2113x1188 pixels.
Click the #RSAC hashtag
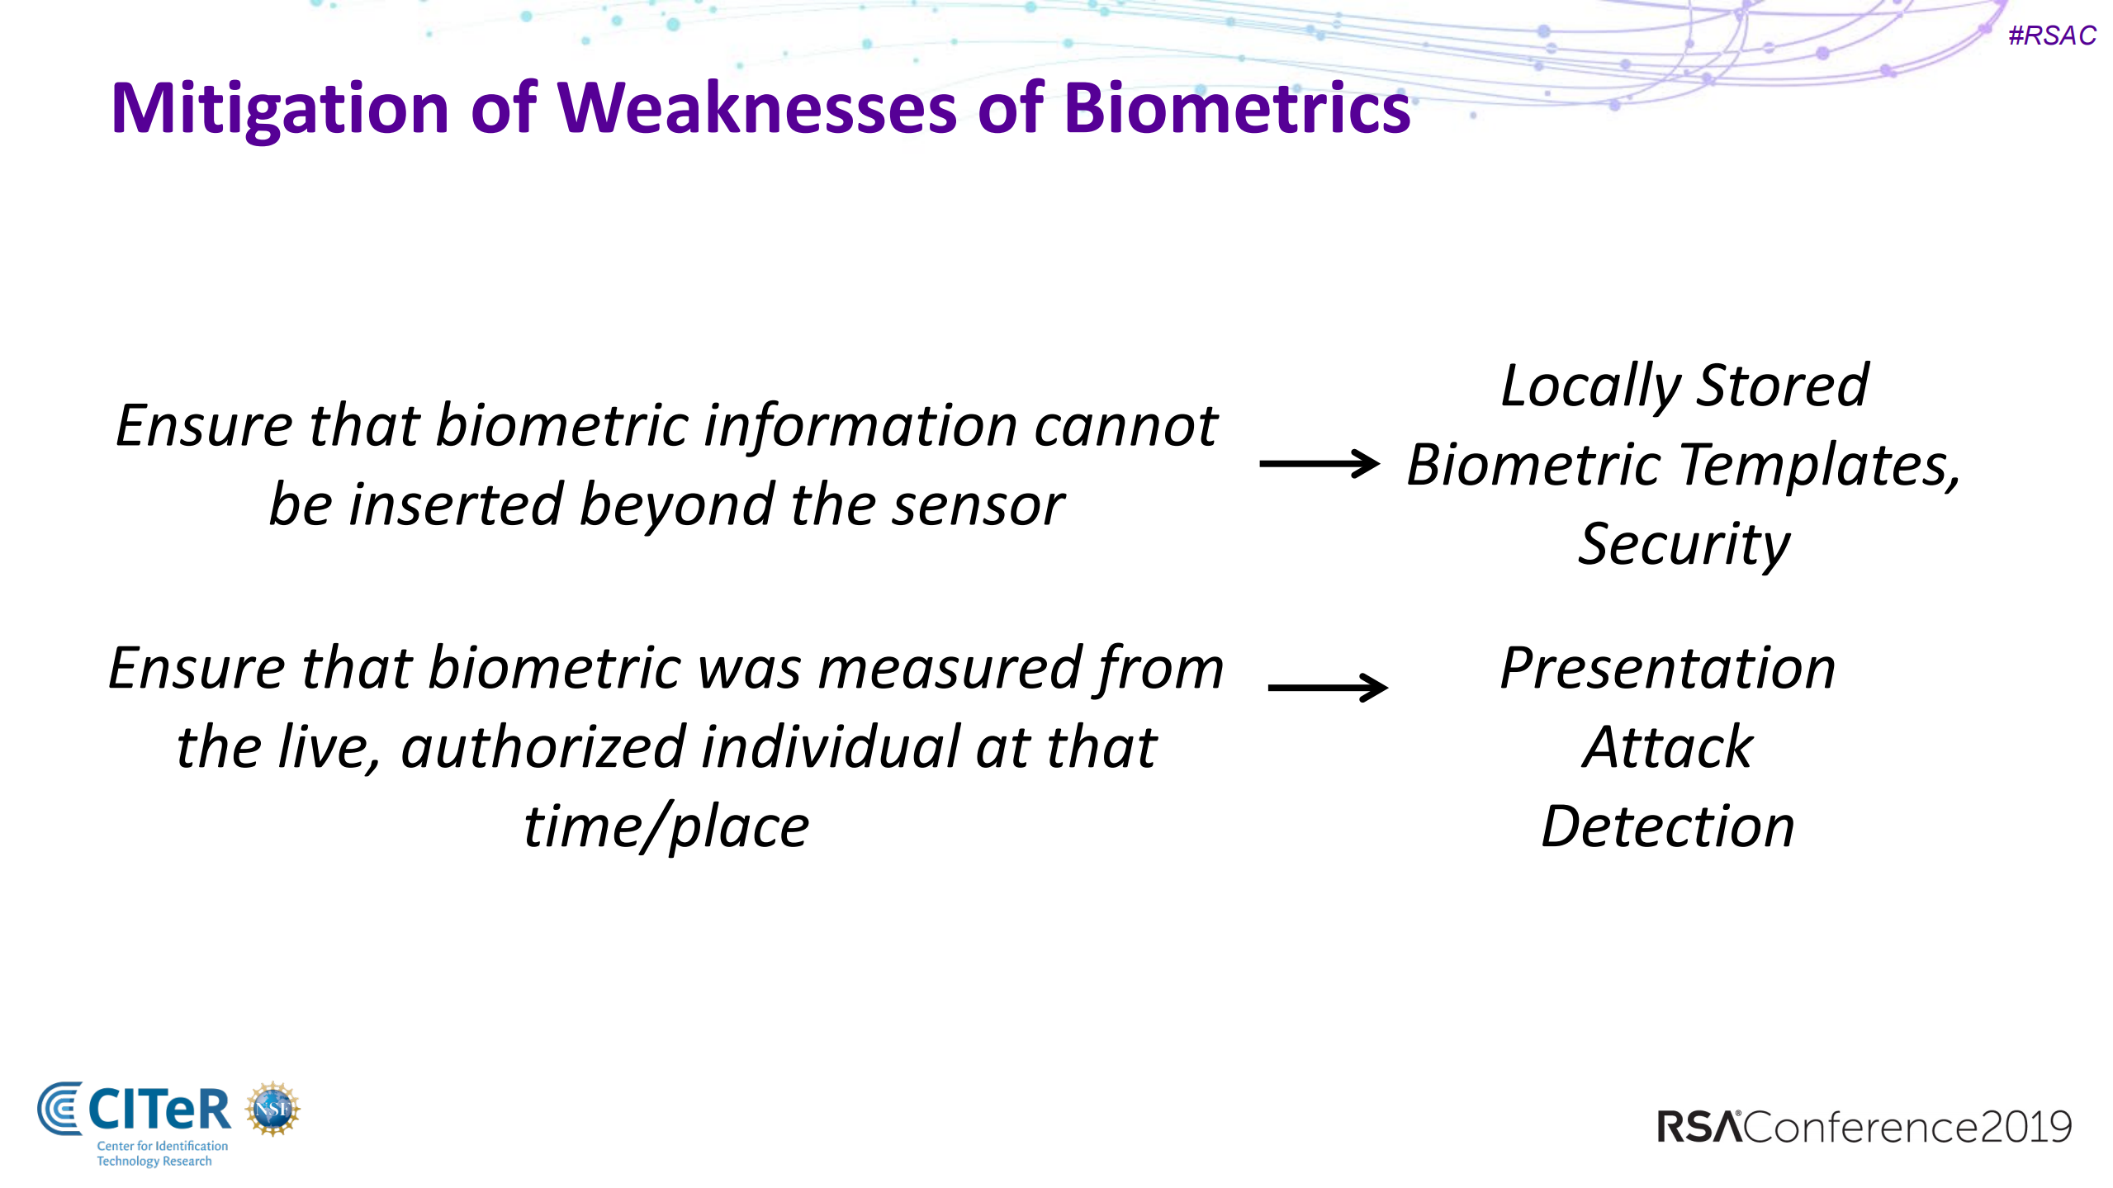(x=2051, y=35)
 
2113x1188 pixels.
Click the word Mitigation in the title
(x=280, y=109)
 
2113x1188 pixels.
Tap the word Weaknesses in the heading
(x=757, y=109)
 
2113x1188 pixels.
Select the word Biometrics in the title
(x=1237, y=109)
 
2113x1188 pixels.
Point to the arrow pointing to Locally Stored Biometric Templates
(x=1319, y=463)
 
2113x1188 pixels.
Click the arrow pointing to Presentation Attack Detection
(x=1327, y=687)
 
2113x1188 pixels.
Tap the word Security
(x=1684, y=545)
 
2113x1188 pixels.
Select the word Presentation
(x=1667, y=668)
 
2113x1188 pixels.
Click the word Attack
(x=1667, y=747)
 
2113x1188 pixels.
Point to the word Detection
(x=1667, y=826)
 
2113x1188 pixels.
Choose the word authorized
(x=543, y=747)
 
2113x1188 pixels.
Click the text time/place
(x=666, y=826)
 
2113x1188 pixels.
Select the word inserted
(x=457, y=505)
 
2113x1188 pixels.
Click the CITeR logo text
(x=159, y=1110)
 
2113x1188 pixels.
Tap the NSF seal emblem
(x=272, y=1109)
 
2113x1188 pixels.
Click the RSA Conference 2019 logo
(x=1864, y=1127)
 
